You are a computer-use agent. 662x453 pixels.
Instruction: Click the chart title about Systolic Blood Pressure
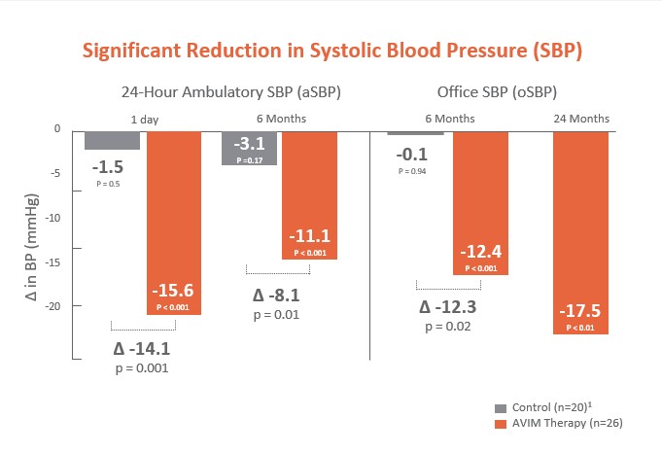pyautogui.click(x=331, y=52)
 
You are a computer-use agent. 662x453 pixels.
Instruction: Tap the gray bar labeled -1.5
pyautogui.click(x=112, y=140)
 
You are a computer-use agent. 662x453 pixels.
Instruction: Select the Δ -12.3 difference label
pyautogui.click(x=448, y=308)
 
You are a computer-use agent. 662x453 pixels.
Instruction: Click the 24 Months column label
pyautogui.click(x=580, y=118)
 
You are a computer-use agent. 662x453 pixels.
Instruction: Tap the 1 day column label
pyautogui.click(x=147, y=118)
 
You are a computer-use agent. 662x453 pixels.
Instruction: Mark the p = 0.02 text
pyautogui.click(x=448, y=327)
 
